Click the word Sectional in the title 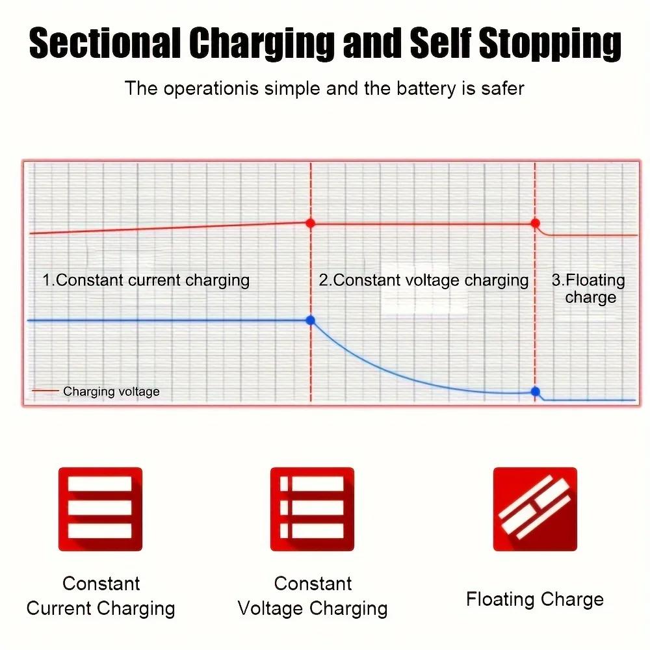tap(105, 42)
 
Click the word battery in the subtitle tap(426, 88)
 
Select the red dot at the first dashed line tap(311, 223)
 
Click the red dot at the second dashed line tap(535, 223)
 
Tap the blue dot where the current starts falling tap(311, 320)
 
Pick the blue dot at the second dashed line tap(535, 391)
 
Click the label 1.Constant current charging tap(146, 281)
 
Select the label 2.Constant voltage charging tap(424, 281)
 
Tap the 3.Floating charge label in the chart tap(589, 289)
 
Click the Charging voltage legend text tap(111, 391)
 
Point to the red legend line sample tap(45, 391)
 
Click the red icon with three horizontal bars tap(100, 509)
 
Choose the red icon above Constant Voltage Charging tap(312, 509)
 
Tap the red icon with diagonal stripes tap(535, 509)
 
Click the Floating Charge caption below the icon tap(535, 600)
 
